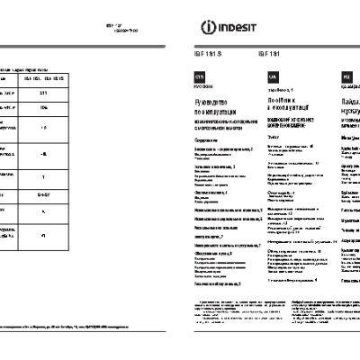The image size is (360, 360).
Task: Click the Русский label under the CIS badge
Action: click(x=199, y=89)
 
